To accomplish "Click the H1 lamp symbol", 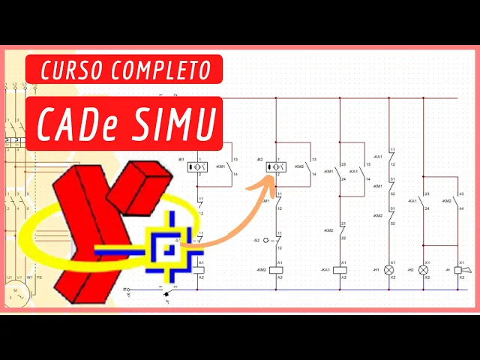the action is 390,269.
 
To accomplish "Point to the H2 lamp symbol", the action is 424,269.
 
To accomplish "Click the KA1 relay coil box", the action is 343,269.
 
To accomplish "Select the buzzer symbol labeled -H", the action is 458,269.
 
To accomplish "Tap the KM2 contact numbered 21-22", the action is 342,231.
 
